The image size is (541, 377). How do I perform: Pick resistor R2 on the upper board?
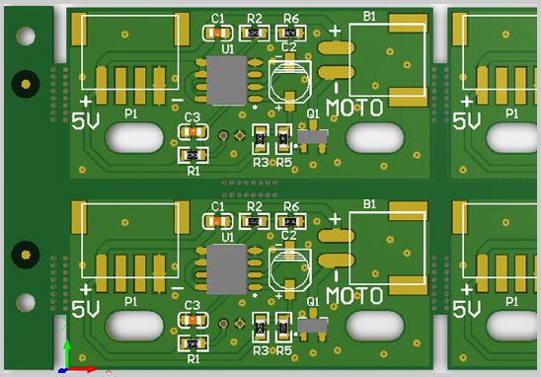(255, 34)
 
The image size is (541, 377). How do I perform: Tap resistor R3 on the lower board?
(261, 324)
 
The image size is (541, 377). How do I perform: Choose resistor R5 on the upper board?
(284, 137)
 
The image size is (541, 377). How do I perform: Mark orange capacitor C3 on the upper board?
(193, 132)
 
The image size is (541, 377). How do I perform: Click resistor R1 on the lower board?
(193, 342)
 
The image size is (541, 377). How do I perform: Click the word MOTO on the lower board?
(353, 295)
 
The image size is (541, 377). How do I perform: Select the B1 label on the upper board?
(369, 17)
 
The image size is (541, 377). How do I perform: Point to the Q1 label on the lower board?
(313, 301)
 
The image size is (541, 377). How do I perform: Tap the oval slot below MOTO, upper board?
(374, 137)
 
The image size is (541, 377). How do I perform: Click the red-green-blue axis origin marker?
(66, 368)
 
